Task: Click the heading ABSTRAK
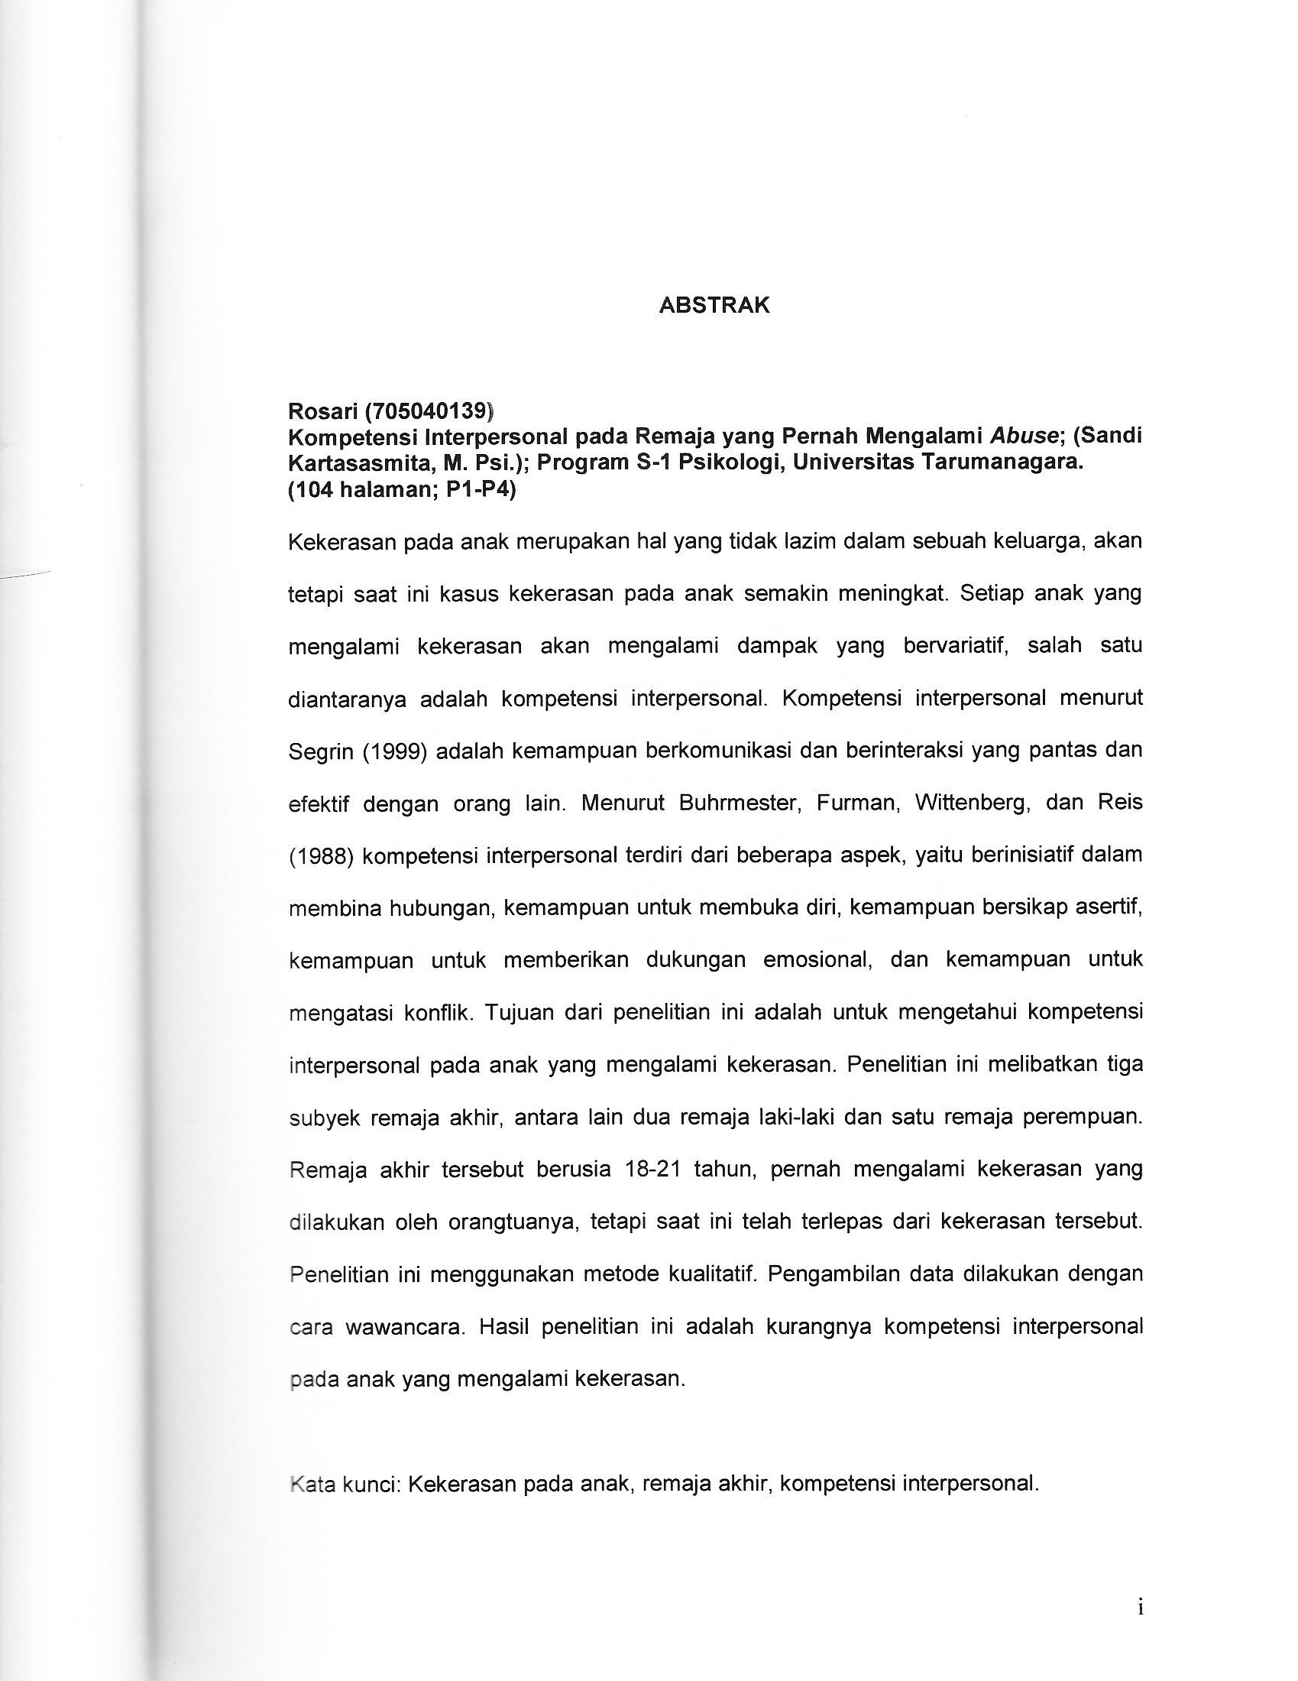point(714,306)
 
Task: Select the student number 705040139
point(429,411)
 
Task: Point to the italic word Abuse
point(1022,436)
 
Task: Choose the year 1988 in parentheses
point(321,856)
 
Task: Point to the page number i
point(1140,1607)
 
